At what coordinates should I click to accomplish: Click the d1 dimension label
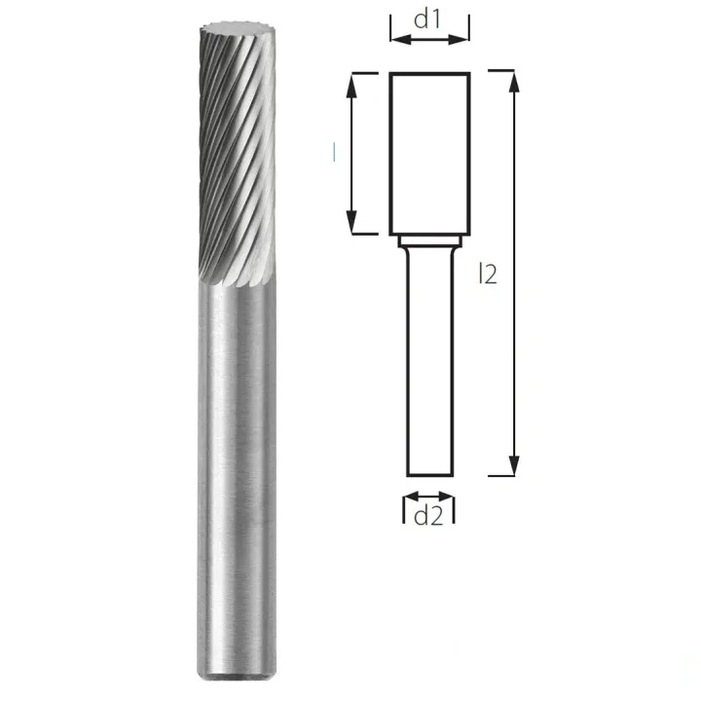coord(427,20)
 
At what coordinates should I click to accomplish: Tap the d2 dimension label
coord(428,516)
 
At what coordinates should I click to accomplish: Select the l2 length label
coord(488,274)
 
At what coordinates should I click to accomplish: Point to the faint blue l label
coord(334,152)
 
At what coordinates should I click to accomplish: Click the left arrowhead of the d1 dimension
coord(400,40)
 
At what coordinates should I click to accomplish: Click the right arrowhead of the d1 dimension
coord(459,40)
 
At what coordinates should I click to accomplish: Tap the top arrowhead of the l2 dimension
coord(515,82)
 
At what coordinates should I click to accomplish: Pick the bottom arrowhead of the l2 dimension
coord(515,465)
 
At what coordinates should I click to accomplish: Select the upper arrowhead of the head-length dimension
coord(352,85)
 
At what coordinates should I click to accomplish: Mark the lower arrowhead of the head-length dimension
coord(352,222)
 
